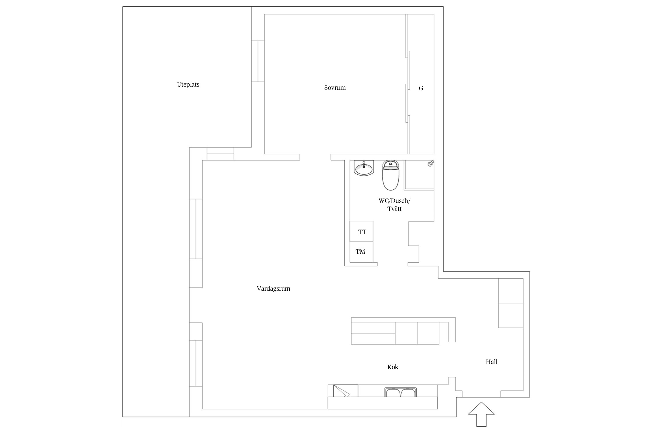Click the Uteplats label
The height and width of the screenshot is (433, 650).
tap(188, 85)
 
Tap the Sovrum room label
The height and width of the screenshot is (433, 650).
tap(335, 88)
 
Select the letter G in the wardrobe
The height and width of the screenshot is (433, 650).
tap(421, 88)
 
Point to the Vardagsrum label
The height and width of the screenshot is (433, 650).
tap(273, 288)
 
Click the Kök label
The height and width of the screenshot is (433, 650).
tap(393, 367)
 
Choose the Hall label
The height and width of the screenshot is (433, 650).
tap(491, 362)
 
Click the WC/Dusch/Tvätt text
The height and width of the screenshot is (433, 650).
tap(394, 205)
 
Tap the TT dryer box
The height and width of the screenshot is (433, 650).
tap(361, 232)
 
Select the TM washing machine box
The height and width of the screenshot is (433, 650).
tap(361, 252)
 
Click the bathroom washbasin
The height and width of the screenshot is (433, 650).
tap(364, 168)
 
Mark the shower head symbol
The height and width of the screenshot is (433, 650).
tap(431, 163)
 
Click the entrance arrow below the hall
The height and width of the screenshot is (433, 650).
tap(481, 414)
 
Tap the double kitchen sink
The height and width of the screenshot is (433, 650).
tap(400, 392)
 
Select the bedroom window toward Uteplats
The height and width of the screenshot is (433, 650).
tap(258, 61)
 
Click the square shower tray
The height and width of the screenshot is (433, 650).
tap(419, 175)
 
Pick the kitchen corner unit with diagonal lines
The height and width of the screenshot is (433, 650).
tap(346, 391)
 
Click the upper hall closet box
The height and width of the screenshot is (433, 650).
tap(511, 291)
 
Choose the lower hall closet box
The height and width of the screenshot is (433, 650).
tap(511, 316)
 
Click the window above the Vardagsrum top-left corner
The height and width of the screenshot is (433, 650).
tap(220, 154)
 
